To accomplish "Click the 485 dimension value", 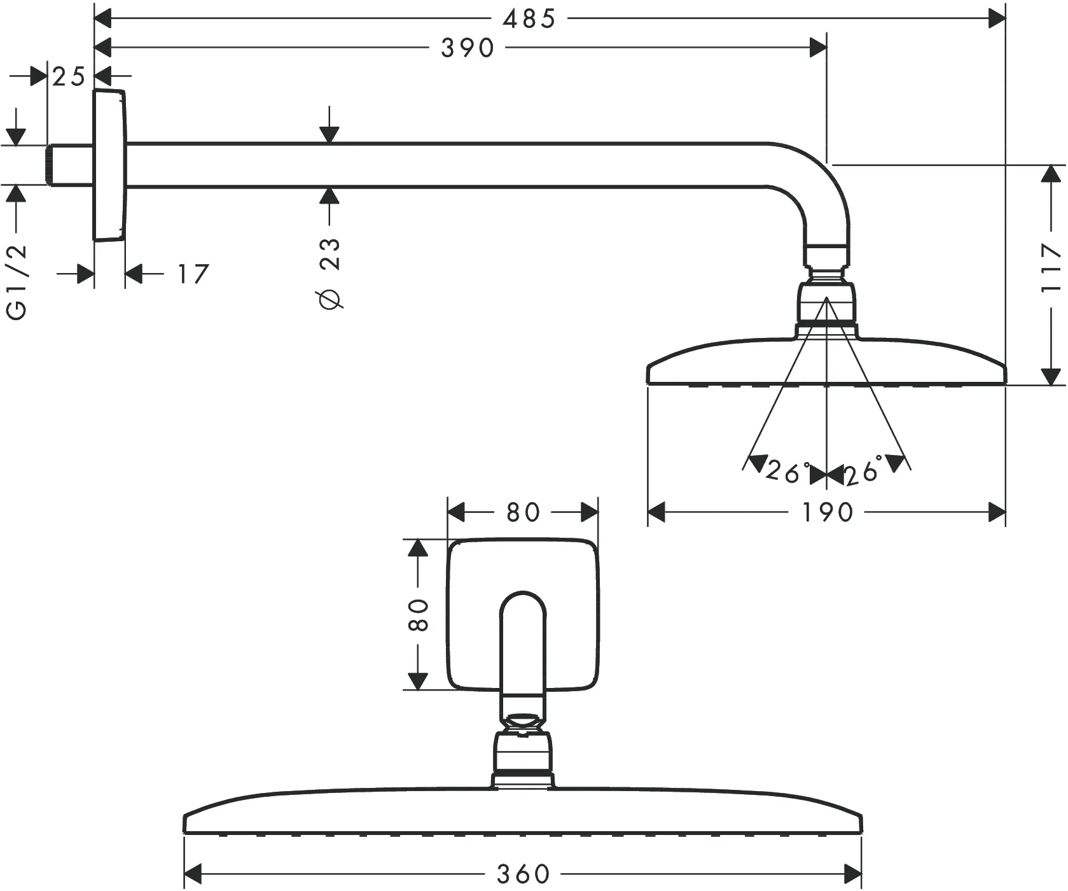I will click(x=529, y=19).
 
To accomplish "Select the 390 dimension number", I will click(x=468, y=48).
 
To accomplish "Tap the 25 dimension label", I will click(x=69, y=77).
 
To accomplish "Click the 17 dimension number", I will click(x=192, y=274).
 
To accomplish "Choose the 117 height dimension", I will click(x=1051, y=267).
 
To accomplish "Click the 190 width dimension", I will click(x=827, y=512).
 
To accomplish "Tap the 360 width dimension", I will click(x=523, y=873).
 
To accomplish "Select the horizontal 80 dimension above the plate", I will click(x=523, y=512).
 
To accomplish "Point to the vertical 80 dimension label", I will click(x=418, y=614).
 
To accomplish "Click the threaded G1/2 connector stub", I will click(x=69, y=165).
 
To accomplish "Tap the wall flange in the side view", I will click(x=109, y=165).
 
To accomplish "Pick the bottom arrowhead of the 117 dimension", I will click(x=1051, y=376).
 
